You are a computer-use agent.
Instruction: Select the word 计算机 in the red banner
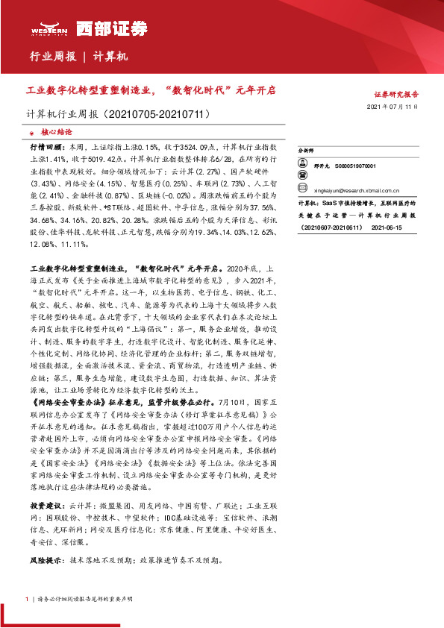pyautogui.click(x=111, y=57)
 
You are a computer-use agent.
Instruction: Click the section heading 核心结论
pyautogui.click(x=56, y=130)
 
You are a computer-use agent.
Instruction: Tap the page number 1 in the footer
pyautogui.click(x=28, y=598)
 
